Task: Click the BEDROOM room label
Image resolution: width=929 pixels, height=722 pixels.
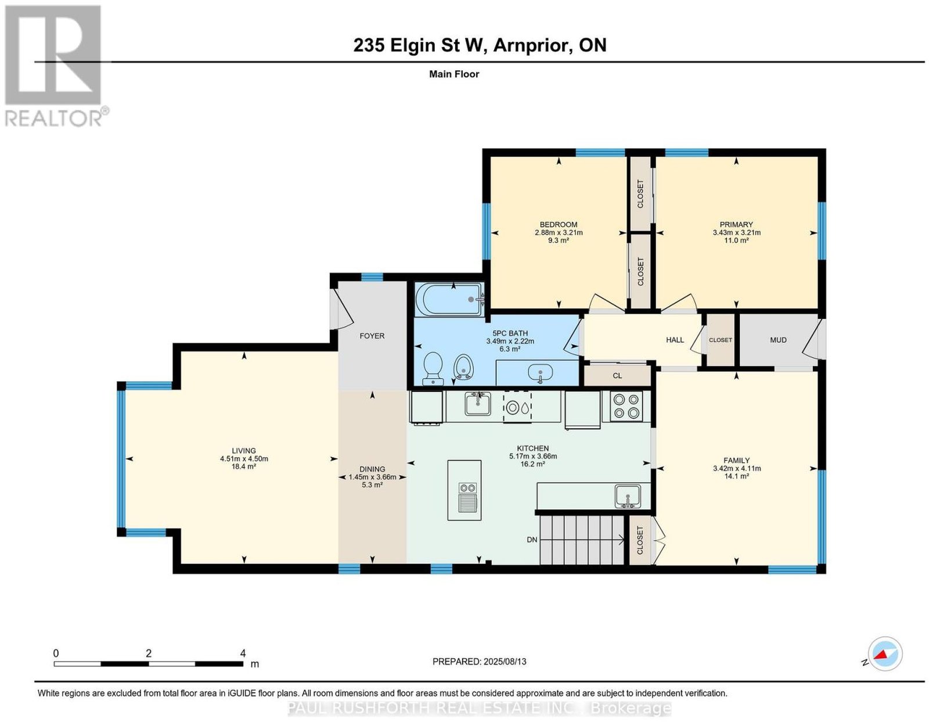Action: click(558, 224)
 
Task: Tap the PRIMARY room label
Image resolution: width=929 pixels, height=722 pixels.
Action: click(736, 224)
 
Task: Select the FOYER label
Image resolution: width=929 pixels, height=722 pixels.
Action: click(372, 336)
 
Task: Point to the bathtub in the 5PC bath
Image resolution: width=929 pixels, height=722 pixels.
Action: click(449, 299)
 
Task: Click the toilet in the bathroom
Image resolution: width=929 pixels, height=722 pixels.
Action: click(433, 368)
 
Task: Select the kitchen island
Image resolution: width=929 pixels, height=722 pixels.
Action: click(464, 490)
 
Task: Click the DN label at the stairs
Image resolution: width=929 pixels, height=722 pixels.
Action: click(532, 540)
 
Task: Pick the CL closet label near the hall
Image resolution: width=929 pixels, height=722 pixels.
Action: click(617, 376)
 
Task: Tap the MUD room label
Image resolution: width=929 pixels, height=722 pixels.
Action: click(778, 340)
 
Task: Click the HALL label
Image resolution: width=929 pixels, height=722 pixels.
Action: click(675, 340)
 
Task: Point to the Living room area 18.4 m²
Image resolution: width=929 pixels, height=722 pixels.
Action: click(244, 466)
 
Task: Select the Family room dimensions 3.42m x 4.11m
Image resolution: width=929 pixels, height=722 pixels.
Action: click(736, 468)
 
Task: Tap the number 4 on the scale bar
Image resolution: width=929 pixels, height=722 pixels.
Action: click(243, 653)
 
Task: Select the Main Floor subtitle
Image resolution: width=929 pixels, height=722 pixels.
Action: click(454, 74)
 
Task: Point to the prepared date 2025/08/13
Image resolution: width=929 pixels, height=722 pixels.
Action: click(505, 662)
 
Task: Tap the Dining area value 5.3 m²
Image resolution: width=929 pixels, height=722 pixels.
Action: click(372, 485)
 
